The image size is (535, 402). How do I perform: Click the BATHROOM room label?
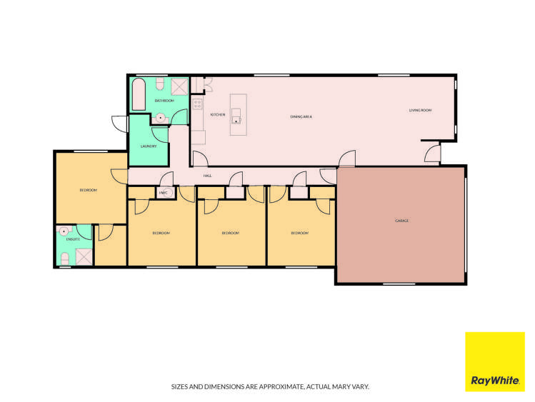(x=164, y=101)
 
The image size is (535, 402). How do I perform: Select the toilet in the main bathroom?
(x=161, y=86)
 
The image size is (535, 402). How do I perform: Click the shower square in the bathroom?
(x=179, y=86)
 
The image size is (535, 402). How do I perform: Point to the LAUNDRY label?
(x=149, y=146)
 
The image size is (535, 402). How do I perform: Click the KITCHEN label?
(x=218, y=114)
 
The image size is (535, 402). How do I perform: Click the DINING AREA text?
(x=301, y=116)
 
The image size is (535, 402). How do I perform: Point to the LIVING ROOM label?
(x=421, y=110)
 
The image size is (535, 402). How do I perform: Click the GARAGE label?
(x=402, y=221)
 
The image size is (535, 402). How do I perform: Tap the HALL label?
(x=207, y=175)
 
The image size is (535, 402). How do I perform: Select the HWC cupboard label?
(x=163, y=194)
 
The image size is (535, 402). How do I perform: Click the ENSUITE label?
(x=71, y=239)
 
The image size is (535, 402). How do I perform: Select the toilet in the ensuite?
(x=64, y=261)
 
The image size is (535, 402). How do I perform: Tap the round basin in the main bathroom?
(x=161, y=118)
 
